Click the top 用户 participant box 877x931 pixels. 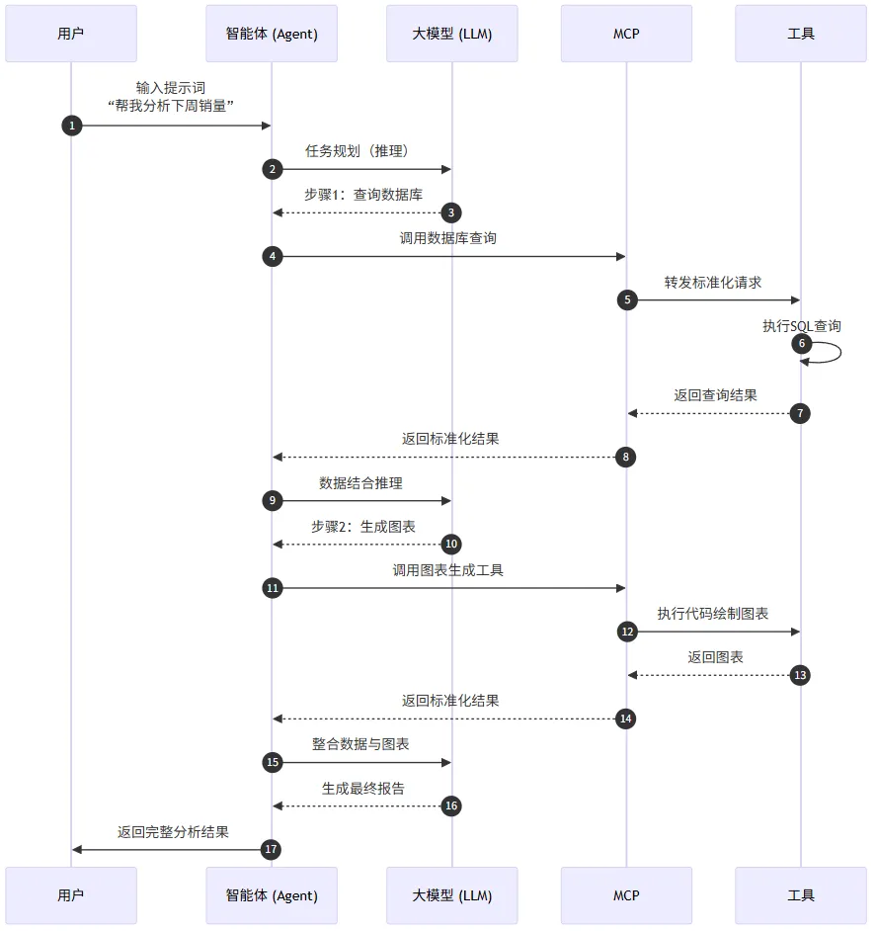(x=71, y=34)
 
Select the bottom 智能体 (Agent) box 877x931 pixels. (x=272, y=895)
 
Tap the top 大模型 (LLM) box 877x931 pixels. (x=451, y=34)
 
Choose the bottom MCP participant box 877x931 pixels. (x=626, y=895)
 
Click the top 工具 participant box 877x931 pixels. (x=801, y=34)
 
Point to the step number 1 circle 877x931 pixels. (x=71, y=126)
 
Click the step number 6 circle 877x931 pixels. (x=801, y=344)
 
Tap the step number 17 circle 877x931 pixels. (x=272, y=849)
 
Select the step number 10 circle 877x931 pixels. (x=451, y=544)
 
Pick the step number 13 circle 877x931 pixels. (x=801, y=675)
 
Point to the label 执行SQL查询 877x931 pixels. (x=801, y=325)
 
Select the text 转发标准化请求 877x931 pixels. (x=713, y=282)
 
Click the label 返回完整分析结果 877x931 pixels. (x=173, y=832)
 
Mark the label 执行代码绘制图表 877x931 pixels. (x=713, y=613)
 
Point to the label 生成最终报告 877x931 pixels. (x=362, y=788)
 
